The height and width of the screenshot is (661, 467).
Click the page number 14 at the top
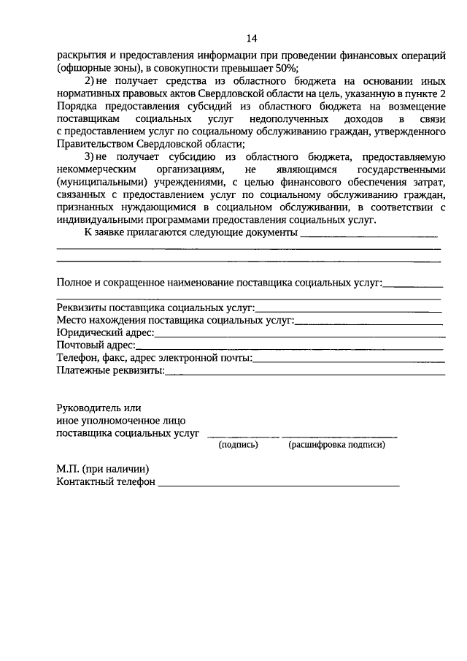pyautogui.click(x=252, y=38)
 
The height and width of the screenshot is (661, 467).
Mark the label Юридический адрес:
pyautogui.click(x=105, y=332)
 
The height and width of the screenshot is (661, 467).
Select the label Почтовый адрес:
pyautogui.click(x=96, y=345)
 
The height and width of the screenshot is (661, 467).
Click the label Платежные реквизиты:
pyautogui.click(x=110, y=370)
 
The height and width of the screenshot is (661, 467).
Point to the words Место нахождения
pyautogui.click(x=101, y=320)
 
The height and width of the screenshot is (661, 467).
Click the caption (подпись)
pyautogui.click(x=239, y=444)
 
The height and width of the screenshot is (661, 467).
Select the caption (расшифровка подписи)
pyautogui.click(x=336, y=444)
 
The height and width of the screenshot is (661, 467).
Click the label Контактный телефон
pyautogui.click(x=106, y=482)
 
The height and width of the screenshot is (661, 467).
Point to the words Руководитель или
pyautogui.click(x=99, y=408)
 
